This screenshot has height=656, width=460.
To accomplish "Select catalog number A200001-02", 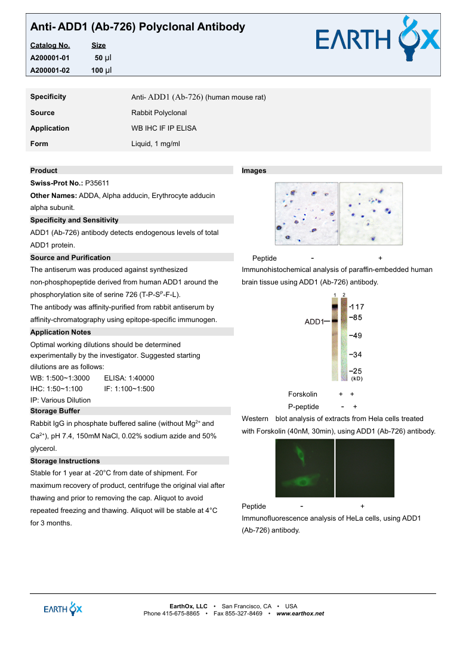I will [50, 70].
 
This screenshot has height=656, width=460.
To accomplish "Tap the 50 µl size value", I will [103, 58].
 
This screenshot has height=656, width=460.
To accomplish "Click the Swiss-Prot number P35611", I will [97, 184].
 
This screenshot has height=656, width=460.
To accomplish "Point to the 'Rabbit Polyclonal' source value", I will [159, 113].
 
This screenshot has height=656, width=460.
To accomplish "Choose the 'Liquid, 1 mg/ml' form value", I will [155, 144].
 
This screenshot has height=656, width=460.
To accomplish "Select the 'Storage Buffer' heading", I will [55, 411].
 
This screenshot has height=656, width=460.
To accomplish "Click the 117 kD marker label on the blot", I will [357, 307].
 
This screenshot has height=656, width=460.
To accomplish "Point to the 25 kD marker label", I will [356, 371].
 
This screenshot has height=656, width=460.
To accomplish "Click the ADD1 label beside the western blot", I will [314, 322].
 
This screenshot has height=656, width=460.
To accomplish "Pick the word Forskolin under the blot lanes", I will [302, 394].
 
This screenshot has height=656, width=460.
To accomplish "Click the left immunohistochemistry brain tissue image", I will [306, 213].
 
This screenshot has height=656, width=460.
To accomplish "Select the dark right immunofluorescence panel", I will [365, 468].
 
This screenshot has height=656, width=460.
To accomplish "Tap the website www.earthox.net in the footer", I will [300, 614].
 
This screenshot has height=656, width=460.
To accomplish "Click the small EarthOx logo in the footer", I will [63, 609].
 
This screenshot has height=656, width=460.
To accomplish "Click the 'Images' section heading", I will [254, 171].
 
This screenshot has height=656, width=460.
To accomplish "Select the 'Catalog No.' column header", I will [50, 45].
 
